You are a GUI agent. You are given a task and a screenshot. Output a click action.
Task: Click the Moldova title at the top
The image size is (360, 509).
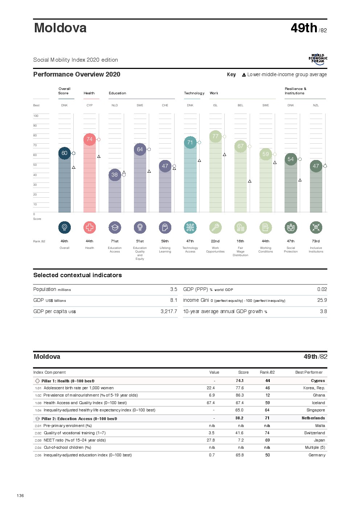tap(60, 28)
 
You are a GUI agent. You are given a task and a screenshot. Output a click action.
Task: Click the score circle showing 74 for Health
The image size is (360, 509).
tap(90, 139)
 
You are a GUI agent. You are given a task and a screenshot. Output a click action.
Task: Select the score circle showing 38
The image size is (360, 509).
tap(115, 175)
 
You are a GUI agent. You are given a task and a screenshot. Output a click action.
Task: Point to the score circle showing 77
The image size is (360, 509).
tap(216, 136)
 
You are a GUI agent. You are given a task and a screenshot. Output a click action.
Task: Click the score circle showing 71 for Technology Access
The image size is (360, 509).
tap(190, 143)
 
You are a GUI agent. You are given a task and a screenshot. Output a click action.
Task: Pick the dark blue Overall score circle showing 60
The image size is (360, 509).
tap(65, 153)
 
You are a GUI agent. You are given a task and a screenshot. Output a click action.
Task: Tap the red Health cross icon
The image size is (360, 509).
tap(90, 227)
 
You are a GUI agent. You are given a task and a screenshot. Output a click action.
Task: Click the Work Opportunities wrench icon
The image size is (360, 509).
tap(216, 227)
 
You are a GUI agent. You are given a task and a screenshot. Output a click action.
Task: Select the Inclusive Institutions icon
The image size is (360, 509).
tap(316, 227)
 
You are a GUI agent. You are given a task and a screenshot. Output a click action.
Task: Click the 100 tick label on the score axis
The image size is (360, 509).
tap(36, 116)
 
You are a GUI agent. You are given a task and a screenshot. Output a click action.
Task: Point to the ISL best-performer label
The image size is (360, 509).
tap(216, 106)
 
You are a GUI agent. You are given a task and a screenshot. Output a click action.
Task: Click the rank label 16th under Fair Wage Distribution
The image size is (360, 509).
tap(241, 241)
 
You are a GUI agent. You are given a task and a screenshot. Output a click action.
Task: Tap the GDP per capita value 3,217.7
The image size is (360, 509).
tap(169, 312)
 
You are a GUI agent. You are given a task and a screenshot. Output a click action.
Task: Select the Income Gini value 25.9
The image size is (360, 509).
tap(322, 300)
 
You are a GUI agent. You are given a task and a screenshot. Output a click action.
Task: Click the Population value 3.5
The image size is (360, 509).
tap(174, 290)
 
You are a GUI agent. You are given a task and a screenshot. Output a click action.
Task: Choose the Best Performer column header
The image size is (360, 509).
tap(309, 373)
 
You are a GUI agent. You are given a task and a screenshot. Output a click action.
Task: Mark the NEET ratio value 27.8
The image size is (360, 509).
tap(211, 440)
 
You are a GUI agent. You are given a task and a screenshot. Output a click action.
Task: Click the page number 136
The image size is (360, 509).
tap(20, 496)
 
